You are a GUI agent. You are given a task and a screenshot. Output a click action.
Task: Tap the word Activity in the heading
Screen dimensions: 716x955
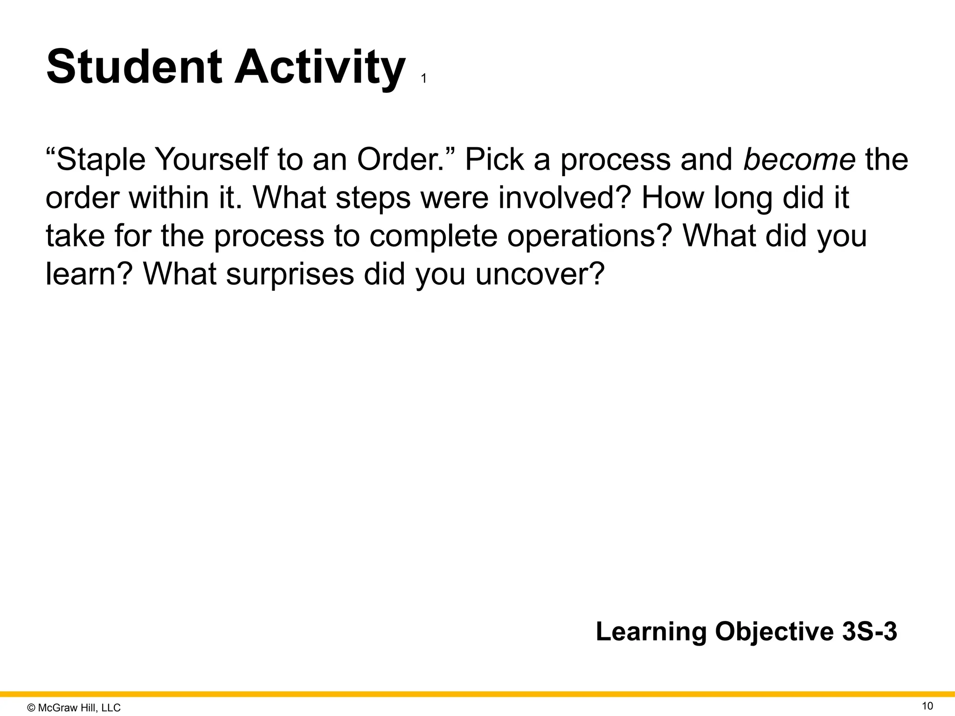(319, 68)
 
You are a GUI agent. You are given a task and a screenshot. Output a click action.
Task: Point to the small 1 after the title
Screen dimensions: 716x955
(423, 79)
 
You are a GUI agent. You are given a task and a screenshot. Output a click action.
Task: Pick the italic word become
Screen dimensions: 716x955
(799, 159)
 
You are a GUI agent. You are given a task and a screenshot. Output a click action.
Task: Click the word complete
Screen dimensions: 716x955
(434, 236)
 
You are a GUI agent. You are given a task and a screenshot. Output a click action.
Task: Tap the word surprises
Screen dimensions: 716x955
(290, 275)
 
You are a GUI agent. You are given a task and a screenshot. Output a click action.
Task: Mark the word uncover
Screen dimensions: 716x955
(540, 275)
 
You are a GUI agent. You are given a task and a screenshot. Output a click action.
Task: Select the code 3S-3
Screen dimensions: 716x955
(870, 632)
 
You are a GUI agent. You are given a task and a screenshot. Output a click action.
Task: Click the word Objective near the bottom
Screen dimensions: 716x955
(775, 633)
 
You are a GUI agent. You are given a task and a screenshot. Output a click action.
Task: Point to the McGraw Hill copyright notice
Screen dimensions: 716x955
(74, 708)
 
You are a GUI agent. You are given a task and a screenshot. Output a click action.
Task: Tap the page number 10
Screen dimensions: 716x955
(927, 706)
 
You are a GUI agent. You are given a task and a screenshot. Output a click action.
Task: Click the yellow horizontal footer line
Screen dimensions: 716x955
(477, 694)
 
